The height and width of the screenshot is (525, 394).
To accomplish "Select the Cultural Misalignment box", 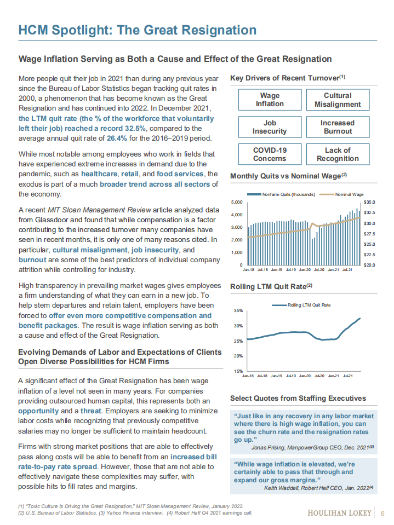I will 338,100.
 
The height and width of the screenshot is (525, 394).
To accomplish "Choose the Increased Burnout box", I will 338,127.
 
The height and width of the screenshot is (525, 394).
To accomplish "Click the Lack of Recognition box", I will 338,154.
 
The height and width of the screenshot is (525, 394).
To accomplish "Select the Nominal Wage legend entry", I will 345,194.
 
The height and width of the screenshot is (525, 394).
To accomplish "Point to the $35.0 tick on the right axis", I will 369,202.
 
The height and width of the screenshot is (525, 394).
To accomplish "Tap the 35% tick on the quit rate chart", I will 238,310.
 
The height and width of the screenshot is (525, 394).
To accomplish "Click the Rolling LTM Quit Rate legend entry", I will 305,305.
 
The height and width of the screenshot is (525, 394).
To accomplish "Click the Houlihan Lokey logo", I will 340,513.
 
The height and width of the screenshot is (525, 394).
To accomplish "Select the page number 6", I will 382,513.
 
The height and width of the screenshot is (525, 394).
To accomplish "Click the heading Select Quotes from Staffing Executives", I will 298,398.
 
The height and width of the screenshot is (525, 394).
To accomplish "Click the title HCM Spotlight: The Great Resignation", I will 137,30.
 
